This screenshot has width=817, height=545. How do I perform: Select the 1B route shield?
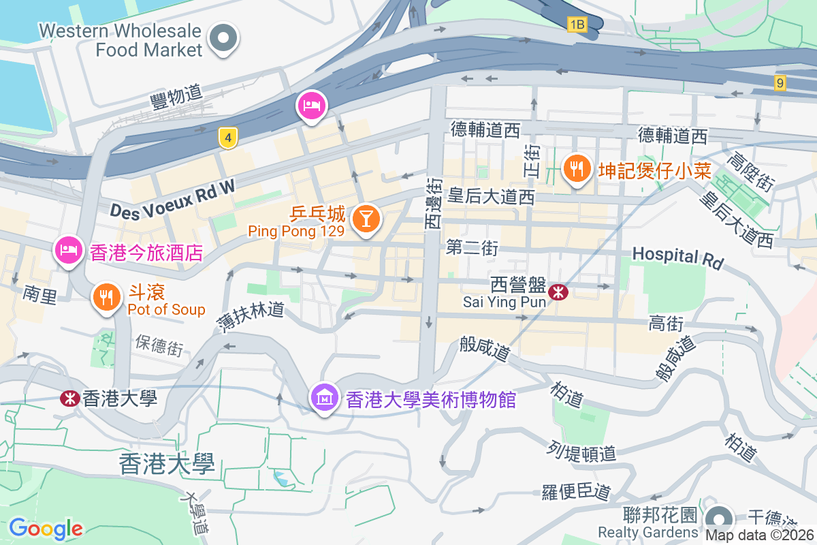pos(577,25)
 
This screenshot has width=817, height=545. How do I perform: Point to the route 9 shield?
pos(780,83)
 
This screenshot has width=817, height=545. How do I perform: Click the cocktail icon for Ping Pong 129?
pos(366,219)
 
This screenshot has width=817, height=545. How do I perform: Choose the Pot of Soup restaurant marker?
pos(106,298)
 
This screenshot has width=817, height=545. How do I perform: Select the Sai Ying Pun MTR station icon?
pos(559,292)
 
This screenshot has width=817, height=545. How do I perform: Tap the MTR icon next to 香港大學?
pos(69,398)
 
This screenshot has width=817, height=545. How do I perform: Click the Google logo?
pos(46,528)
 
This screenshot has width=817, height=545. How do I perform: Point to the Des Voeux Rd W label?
pos(173,200)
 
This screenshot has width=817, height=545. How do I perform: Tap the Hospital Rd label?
pos(677,257)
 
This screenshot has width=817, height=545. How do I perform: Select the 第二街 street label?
pos(472,248)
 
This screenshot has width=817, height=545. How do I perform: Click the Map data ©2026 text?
pos(759,535)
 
